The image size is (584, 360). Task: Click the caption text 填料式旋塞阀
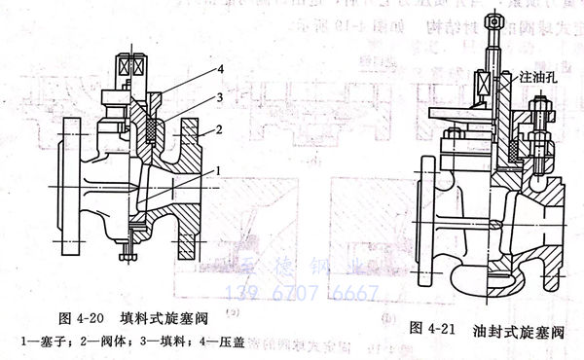[x=157, y=318]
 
